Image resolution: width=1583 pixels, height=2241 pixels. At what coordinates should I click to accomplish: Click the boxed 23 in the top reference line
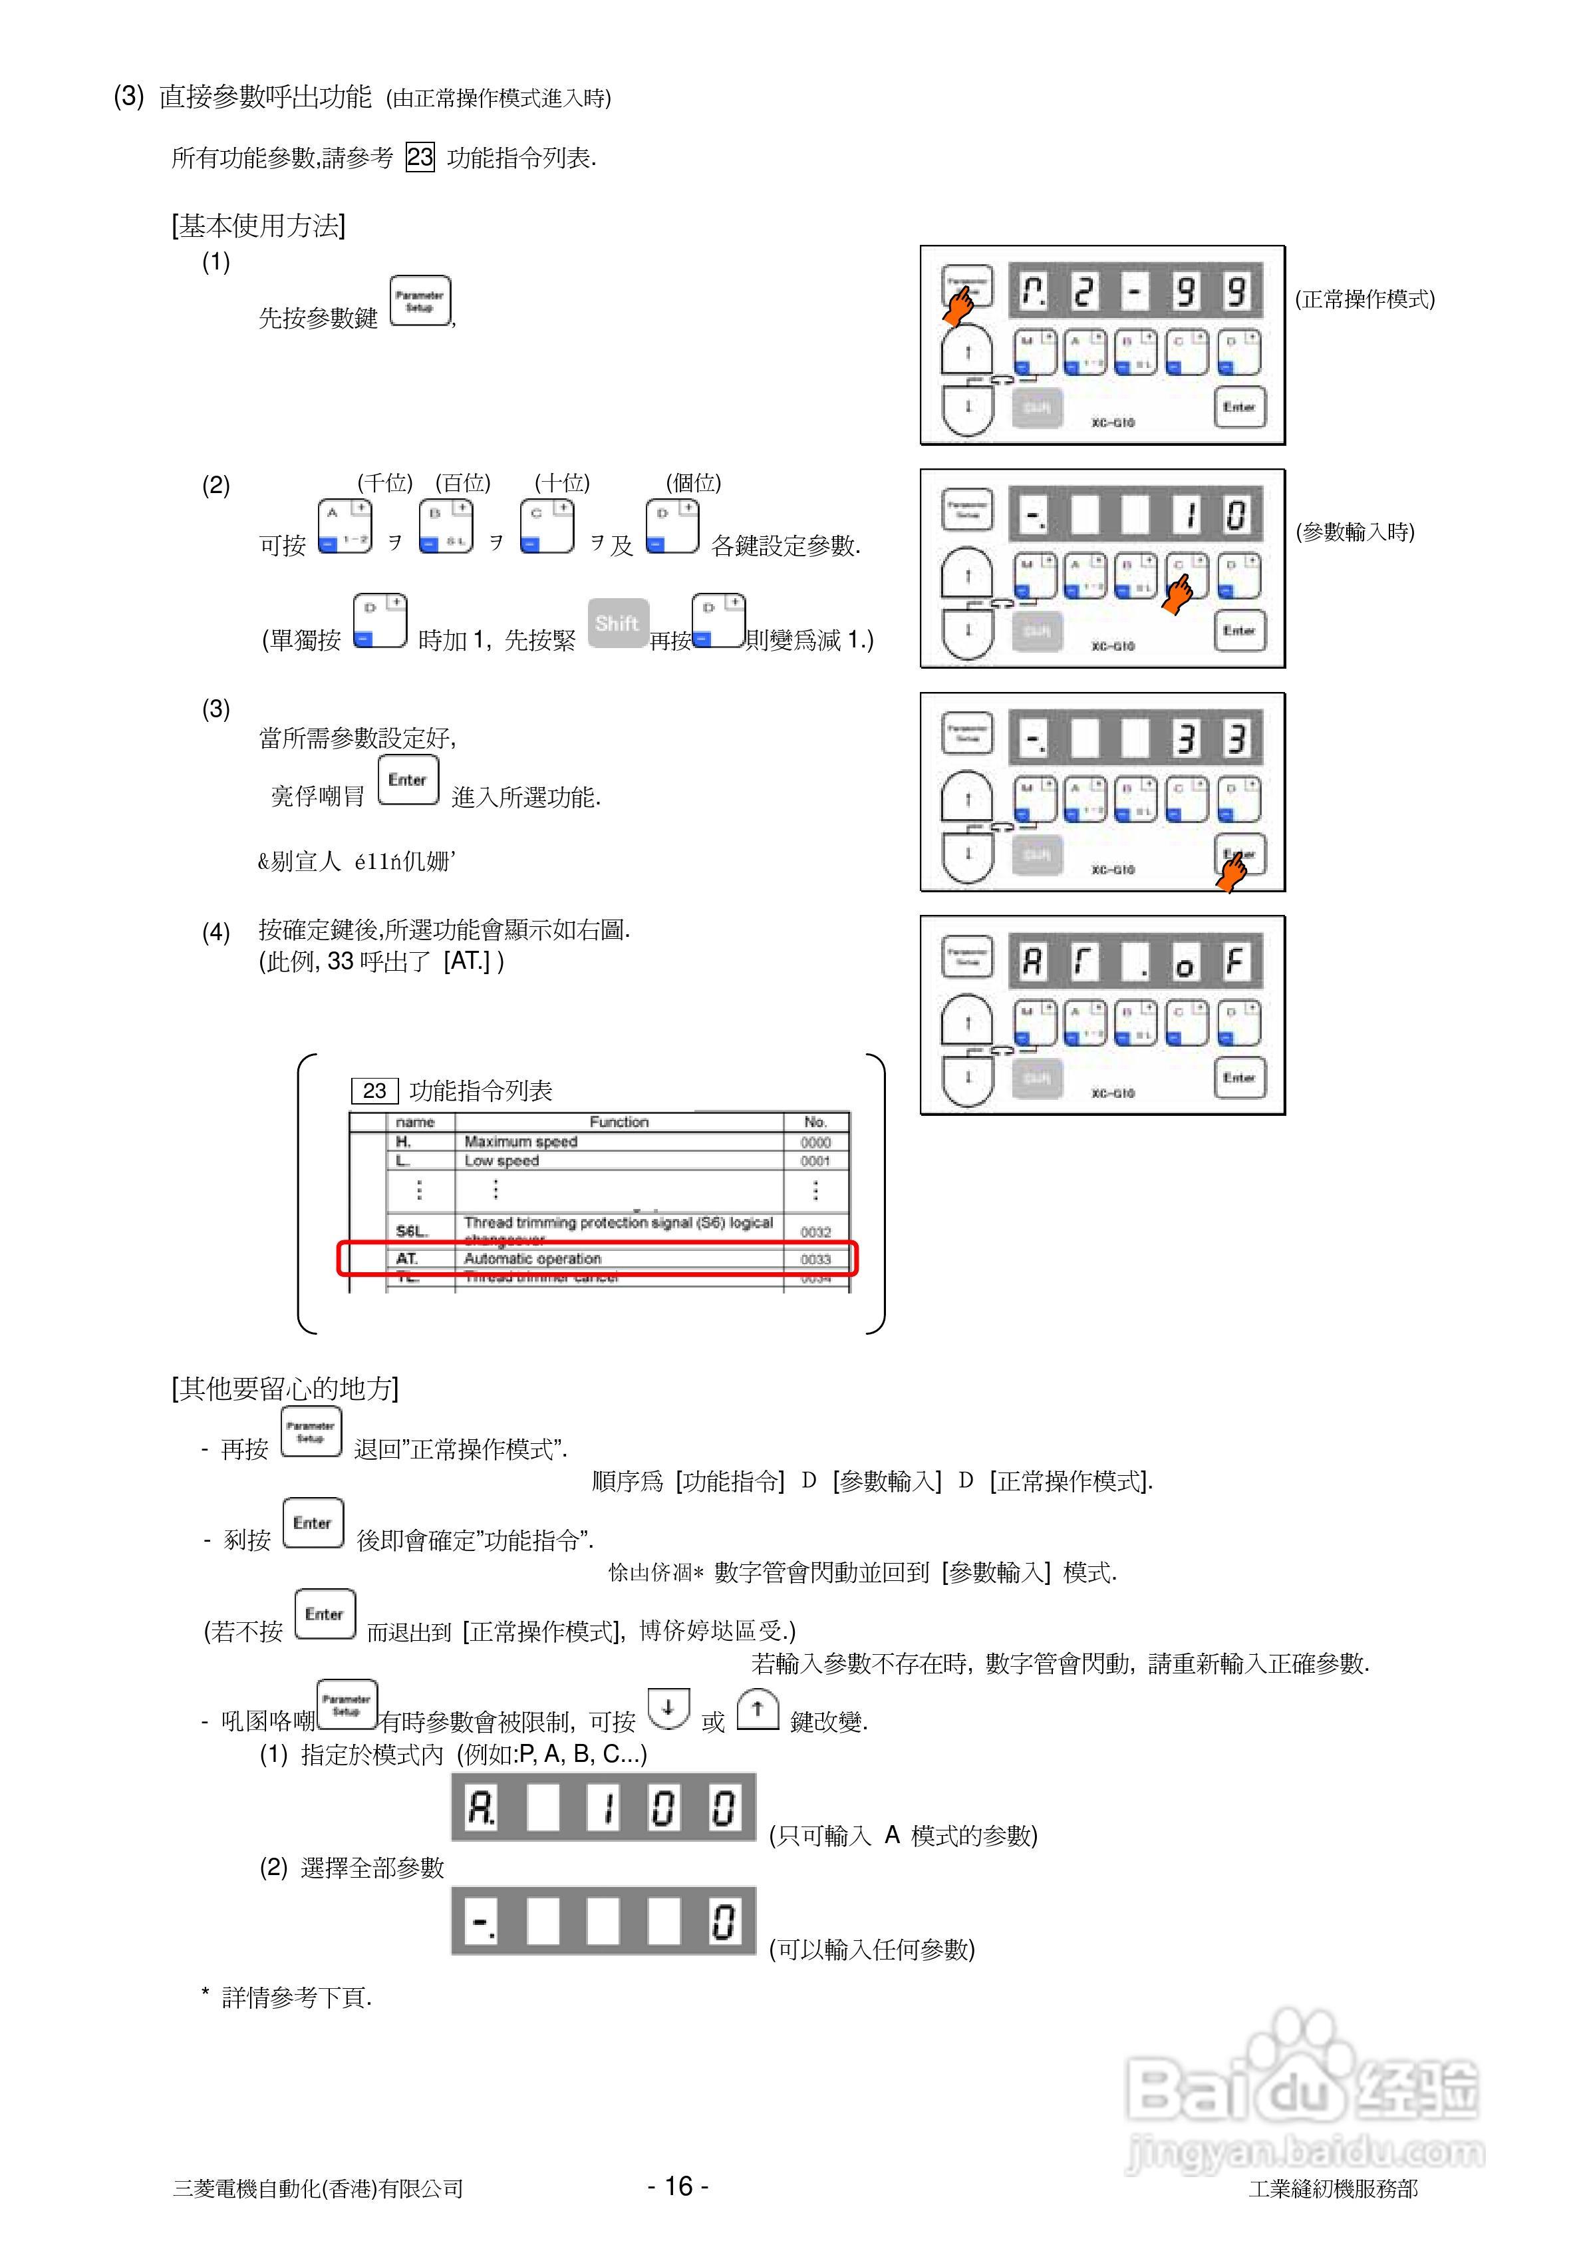point(420,157)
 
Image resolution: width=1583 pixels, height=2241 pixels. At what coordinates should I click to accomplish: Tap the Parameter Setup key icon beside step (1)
point(420,301)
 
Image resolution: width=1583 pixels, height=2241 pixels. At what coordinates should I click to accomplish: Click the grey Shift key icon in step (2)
point(618,623)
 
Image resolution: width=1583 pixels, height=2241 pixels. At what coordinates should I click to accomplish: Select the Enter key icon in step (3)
point(408,780)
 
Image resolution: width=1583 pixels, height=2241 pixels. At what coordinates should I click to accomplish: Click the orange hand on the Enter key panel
point(1232,870)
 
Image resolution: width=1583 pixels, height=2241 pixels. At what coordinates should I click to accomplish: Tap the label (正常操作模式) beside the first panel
point(1364,299)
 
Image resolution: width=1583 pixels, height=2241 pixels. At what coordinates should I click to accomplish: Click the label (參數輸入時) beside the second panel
point(1355,532)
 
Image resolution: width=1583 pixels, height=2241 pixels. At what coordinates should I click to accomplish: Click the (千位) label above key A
point(384,482)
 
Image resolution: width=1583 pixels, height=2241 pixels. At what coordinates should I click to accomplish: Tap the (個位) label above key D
point(693,482)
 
